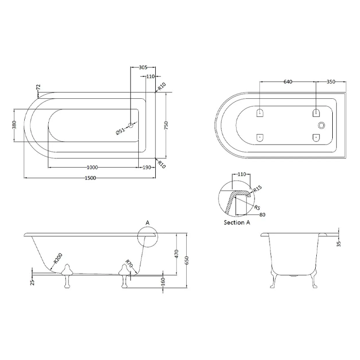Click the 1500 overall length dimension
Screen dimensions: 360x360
[90, 178]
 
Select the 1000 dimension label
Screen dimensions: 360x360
[92, 167]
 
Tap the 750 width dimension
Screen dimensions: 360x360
[166, 125]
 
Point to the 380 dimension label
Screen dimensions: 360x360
[14, 125]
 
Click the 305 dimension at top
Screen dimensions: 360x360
[143, 67]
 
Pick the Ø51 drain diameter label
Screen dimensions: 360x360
[120, 131]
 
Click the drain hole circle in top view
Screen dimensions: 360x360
[131, 125]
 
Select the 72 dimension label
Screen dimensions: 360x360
[39, 87]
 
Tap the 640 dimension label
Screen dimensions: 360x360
[288, 82]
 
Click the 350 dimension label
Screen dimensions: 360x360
[331, 82]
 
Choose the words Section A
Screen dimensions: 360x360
[237, 223]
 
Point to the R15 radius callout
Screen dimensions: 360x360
[257, 189]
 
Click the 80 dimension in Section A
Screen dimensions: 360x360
[262, 214]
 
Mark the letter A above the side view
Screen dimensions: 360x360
[148, 223]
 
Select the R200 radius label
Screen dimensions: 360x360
[58, 258]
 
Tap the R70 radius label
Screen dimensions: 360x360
[129, 263]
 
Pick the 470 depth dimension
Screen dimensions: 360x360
[176, 254]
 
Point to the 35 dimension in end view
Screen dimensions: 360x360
[339, 244]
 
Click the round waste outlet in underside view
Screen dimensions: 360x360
[321, 125]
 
